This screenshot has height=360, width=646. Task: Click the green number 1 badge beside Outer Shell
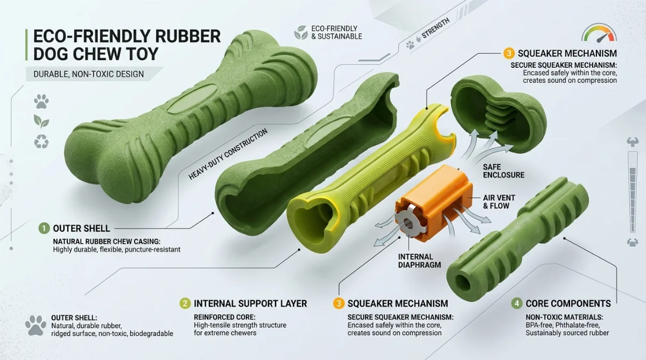44,229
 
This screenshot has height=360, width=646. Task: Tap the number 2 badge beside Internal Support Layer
185,303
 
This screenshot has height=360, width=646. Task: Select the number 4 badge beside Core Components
517,303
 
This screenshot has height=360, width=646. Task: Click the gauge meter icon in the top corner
599,33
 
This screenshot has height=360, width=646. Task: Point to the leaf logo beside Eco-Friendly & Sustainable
301,32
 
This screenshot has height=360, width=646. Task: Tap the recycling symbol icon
41,142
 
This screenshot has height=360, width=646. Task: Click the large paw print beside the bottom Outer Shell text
36,326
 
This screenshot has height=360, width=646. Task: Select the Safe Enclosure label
503,171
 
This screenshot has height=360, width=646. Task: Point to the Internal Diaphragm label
419,261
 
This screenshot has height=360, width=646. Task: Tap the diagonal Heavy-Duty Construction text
228,154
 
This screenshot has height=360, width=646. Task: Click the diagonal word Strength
436,28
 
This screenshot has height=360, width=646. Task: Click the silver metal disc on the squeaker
407,223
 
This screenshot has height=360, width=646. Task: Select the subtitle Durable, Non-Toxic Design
88,74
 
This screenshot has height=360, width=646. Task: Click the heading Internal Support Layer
250,303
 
